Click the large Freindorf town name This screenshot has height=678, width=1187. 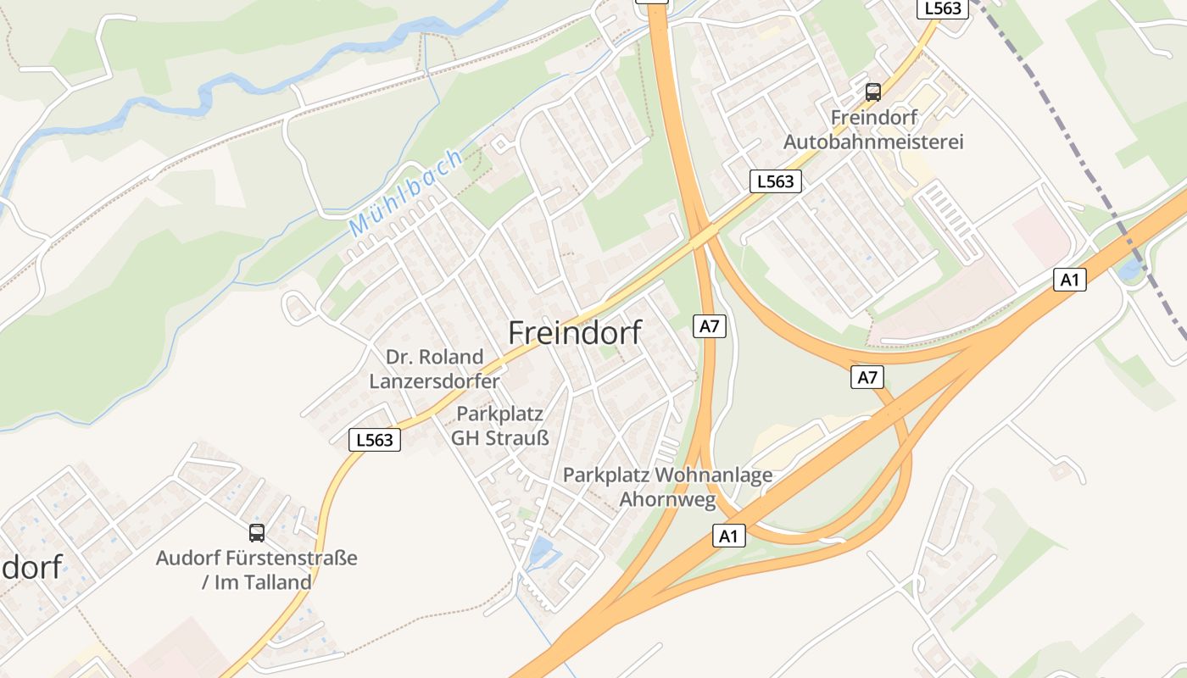[x=575, y=332]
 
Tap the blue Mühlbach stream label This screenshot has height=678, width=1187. [x=407, y=192]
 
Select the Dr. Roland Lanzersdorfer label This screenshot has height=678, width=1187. [x=434, y=369]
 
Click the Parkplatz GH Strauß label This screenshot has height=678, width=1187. [x=499, y=425]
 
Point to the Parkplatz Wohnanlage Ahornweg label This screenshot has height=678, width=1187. [x=668, y=486]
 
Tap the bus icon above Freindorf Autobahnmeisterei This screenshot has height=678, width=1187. [x=873, y=92]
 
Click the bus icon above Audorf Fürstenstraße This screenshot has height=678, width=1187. [x=256, y=532]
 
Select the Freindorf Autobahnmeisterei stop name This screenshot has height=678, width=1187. [x=873, y=129]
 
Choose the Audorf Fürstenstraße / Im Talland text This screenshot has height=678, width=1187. [x=256, y=570]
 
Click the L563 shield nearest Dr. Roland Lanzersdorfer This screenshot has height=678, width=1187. [x=375, y=439]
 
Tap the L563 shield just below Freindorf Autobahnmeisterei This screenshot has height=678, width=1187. [x=775, y=181]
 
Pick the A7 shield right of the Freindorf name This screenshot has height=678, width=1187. [x=710, y=325]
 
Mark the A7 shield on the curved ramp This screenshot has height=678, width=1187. [x=867, y=377]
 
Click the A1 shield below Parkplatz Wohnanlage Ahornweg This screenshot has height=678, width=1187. [x=729, y=535]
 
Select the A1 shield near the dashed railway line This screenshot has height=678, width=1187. [x=1070, y=279]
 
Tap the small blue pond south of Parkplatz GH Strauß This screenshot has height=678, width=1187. [x=541, y=552]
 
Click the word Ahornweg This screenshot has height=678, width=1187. [x=668, y=498]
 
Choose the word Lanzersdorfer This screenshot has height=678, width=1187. [x=434, y=381]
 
